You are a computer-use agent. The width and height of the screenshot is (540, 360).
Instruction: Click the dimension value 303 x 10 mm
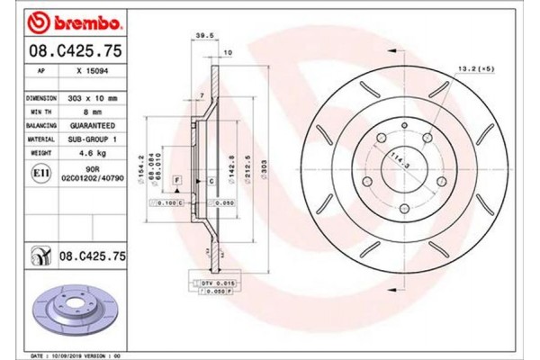point(93,97)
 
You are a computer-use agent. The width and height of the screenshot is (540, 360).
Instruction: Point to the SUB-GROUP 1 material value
point(93,140)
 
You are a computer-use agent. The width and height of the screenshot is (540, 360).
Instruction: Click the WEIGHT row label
point(40,155)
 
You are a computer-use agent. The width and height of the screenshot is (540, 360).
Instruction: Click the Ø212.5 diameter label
point(245,168)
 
